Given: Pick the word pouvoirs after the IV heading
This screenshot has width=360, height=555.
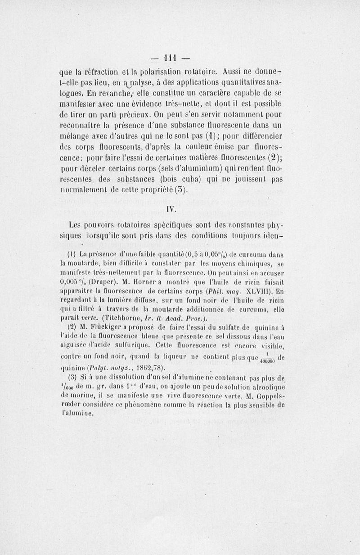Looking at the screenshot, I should [102, 225].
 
